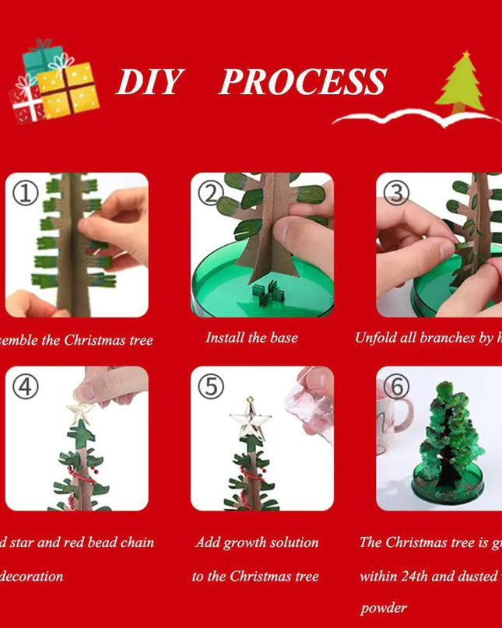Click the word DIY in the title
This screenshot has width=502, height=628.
(x=149, y=82)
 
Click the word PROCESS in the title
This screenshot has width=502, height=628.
(x=302, y=82)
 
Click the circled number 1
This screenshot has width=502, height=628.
(x=25, y=192)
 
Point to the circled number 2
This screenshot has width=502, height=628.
(x=210, y=192)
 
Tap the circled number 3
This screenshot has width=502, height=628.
(x=396, y=192)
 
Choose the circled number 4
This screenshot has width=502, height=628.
(x=25, y=386)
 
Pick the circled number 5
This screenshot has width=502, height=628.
(x=210, y=386)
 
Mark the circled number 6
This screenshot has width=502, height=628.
(x=396, y=386)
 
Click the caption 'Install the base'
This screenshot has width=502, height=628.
(x=251, y=338)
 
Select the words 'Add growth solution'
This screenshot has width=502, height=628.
(x=257, y=542)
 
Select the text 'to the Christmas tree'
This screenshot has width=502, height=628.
(x=255, y=577)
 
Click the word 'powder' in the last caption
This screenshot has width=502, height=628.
(x=383, y=608)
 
